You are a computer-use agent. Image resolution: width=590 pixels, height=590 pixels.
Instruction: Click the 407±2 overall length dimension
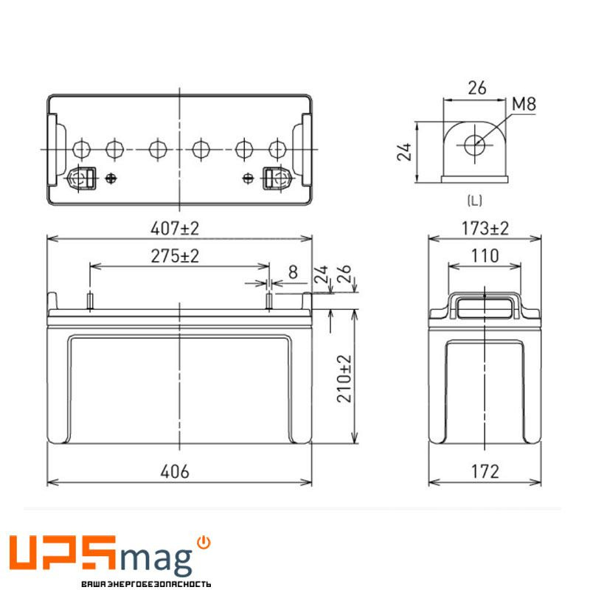pos(179,229)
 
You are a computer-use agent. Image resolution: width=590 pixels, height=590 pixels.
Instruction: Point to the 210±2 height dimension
pos(344,378)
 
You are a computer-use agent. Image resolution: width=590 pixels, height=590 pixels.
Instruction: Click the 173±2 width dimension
pos(485,229)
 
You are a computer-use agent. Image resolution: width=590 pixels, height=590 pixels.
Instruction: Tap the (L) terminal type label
pos(475,200)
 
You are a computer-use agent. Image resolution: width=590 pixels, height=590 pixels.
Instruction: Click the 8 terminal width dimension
pos(293,272)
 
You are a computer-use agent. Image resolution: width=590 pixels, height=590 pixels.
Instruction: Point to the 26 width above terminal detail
pos(477,88)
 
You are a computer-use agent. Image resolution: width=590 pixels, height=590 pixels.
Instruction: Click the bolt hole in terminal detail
pos(474,144)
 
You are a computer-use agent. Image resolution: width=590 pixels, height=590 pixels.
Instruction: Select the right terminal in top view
pos(274,178)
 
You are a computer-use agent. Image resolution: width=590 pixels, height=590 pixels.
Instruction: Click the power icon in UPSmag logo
pos(205,542)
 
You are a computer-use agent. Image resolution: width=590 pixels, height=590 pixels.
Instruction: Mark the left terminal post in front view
pos(89,301)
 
